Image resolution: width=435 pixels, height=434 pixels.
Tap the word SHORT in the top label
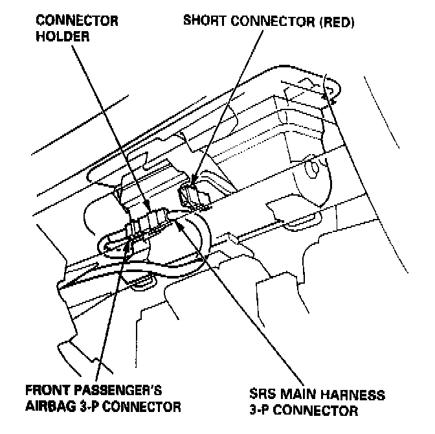point(202,20)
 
